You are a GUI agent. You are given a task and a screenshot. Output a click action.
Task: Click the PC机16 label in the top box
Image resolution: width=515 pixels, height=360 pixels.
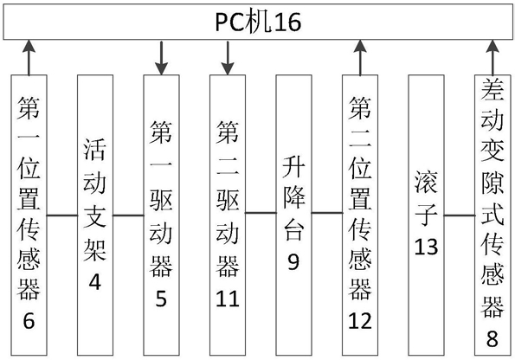[258, 22]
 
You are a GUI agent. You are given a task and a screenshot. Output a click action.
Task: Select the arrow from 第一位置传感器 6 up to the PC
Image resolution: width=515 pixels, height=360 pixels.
[29, 58]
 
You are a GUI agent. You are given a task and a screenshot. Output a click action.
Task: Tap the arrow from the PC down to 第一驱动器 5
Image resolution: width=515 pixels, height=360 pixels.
[161, 58]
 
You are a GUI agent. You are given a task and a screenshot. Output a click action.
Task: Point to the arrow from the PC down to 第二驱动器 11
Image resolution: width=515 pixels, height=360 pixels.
[228, 58]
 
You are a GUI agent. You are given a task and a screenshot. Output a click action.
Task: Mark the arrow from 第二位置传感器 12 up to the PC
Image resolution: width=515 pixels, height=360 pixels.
[360, 58]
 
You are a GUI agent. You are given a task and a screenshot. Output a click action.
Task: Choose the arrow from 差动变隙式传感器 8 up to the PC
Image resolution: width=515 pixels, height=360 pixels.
[492, 58]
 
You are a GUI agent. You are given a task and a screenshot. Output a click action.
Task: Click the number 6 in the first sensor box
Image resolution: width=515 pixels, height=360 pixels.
[29, 320]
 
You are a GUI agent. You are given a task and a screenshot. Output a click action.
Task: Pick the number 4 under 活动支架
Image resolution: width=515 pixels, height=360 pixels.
[95, 282]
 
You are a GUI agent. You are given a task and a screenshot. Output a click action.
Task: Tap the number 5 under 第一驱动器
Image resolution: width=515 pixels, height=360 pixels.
[161, 299]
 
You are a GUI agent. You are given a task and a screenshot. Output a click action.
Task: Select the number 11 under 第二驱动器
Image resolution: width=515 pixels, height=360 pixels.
[228, 299]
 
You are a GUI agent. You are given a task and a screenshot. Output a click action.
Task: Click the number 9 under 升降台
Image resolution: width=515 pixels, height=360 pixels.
[293, 261]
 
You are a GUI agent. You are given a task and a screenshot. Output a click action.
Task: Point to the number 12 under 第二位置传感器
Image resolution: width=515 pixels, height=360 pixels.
[360, 320]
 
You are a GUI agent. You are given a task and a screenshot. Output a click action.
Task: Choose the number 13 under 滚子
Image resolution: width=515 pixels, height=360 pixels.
[426, 247]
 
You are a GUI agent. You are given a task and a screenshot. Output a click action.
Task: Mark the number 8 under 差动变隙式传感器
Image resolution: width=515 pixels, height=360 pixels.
[492, 338]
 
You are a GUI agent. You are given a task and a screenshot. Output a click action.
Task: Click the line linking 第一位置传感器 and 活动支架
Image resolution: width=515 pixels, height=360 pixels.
[62, 215]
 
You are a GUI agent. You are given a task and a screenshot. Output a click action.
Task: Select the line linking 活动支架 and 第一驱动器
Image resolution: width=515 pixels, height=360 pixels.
[128, 215]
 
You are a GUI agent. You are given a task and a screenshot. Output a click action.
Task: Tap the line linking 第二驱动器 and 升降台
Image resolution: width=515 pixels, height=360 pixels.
[261, 213]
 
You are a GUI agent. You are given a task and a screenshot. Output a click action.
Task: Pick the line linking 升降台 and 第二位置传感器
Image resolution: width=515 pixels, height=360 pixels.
[327, 213]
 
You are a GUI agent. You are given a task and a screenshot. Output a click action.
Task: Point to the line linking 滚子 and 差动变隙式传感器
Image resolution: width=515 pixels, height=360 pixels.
[460, 215]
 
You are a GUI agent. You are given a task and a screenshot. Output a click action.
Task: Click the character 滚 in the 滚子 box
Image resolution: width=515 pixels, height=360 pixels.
[426, 182]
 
